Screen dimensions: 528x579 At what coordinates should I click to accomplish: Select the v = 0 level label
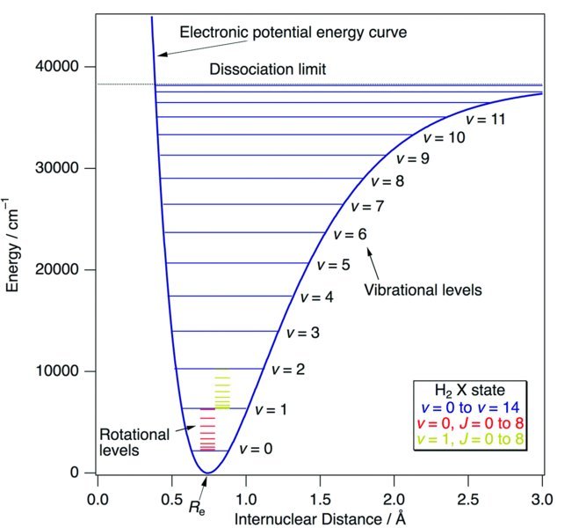[x=255, y=449]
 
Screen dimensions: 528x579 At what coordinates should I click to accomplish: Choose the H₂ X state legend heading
[x=471, y=390]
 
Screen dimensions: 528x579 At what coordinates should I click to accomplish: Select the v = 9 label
[x=412, y=160]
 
